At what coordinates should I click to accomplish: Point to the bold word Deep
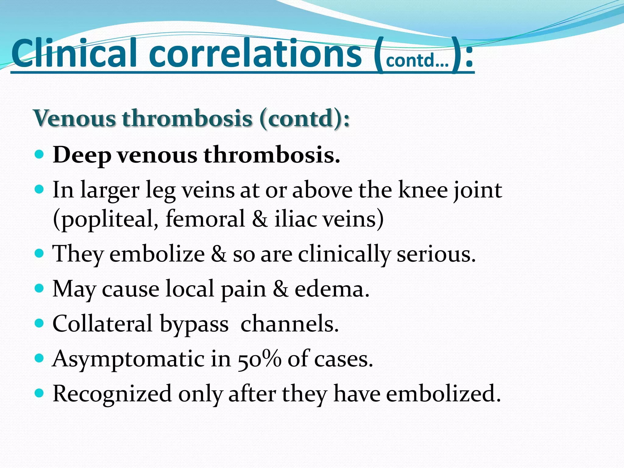[x=82, y=155]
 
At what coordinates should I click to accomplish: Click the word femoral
[x=205, y=219]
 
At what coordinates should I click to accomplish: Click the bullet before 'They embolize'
[x=39, y=253]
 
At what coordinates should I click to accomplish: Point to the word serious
[x=436, y=254]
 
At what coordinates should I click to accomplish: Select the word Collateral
[x=102, y=324]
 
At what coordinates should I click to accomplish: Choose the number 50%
[x=259, y=359]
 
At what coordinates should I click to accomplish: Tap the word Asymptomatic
[x=128, y=359]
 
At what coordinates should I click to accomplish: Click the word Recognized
[x=112, y=394]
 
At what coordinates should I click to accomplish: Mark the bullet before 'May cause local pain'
[x=39, y=288]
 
